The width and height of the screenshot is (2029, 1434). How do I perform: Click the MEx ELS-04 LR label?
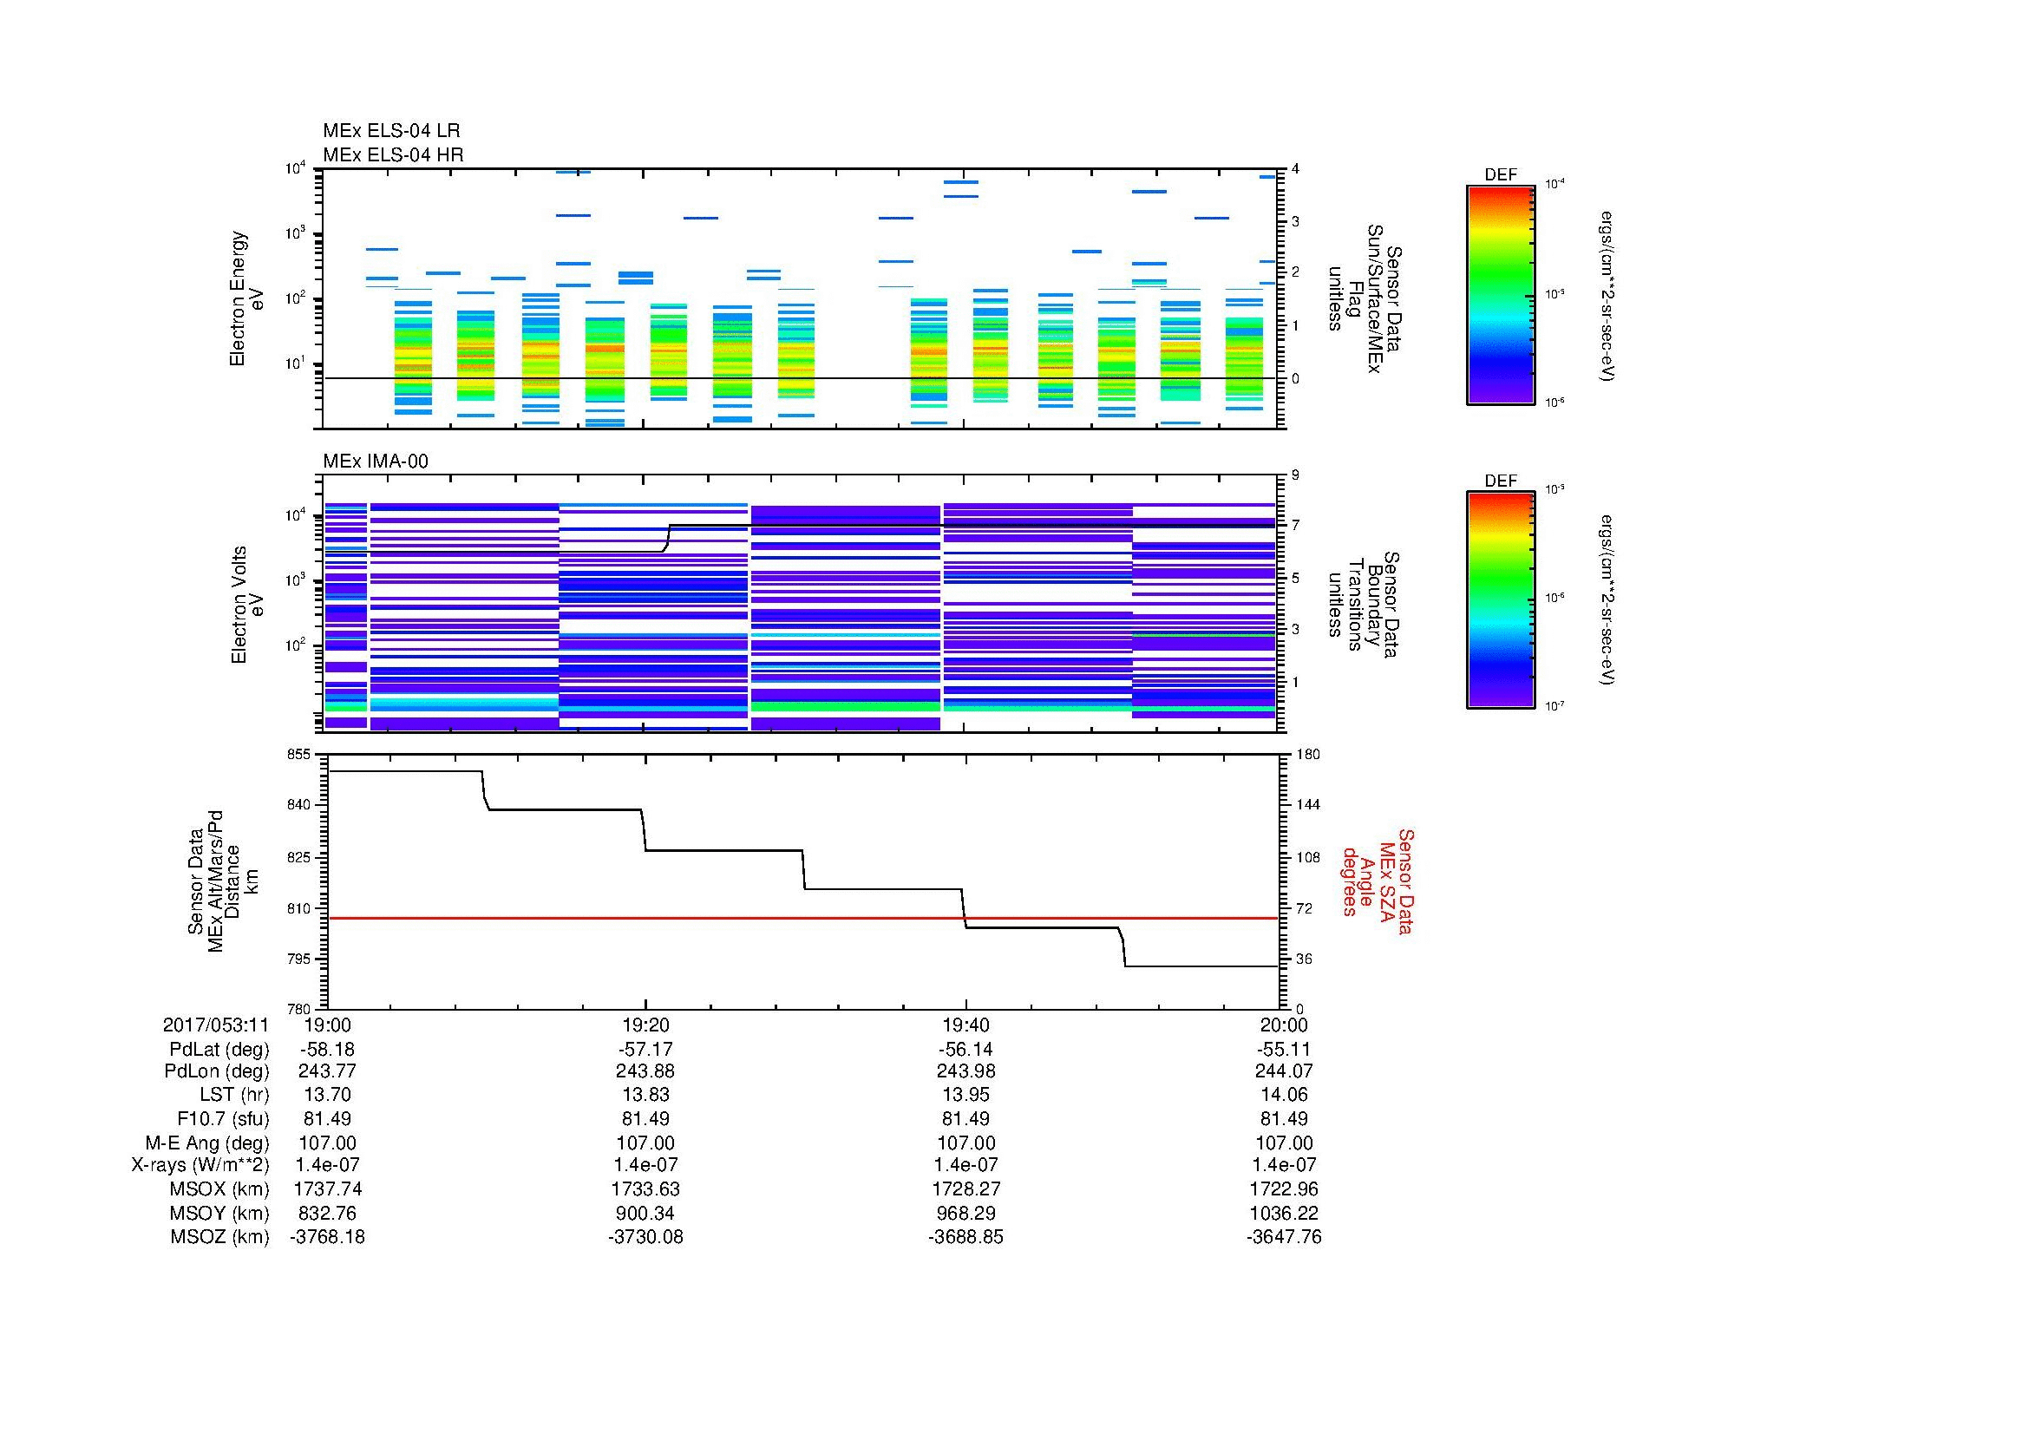click(x=390, y=131)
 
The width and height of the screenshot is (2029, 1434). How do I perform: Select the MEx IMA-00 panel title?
click(x=375, y=462)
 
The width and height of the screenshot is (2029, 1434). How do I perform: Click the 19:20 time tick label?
click(x=646, y=1025)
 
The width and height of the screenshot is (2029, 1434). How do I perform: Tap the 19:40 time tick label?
click(x=965, y=1025)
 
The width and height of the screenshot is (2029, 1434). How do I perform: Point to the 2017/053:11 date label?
click(x=216, y=1025)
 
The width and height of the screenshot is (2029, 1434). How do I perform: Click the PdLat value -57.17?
click(x=646, y=1050)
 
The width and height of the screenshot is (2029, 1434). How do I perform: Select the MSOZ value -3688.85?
click(x=965, y=1237)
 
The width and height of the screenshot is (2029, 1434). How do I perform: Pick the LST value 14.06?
click(x=1284, y=1095)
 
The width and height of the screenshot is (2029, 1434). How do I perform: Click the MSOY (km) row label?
click(x=219, y=1213)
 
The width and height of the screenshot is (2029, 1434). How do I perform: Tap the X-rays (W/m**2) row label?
click(x=200, y=1165)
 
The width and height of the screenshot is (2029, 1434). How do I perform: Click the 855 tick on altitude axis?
click(x=299, y=755)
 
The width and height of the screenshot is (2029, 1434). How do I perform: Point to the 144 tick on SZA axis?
click(x=1307, y=805)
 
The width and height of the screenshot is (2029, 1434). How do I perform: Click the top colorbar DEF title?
click(x=1501, y=175)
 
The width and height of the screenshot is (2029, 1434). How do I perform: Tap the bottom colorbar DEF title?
click(x=1501, y=481)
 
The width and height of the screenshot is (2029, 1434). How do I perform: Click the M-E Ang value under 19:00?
click(x=328, y=1143)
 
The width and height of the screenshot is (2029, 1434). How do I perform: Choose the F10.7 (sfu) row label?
click(x=223, y=1118)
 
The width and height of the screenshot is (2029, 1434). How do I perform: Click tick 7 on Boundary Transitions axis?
click(x=1295, y=526)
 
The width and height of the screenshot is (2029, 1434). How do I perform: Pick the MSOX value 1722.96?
click(x=1284, y=1189)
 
